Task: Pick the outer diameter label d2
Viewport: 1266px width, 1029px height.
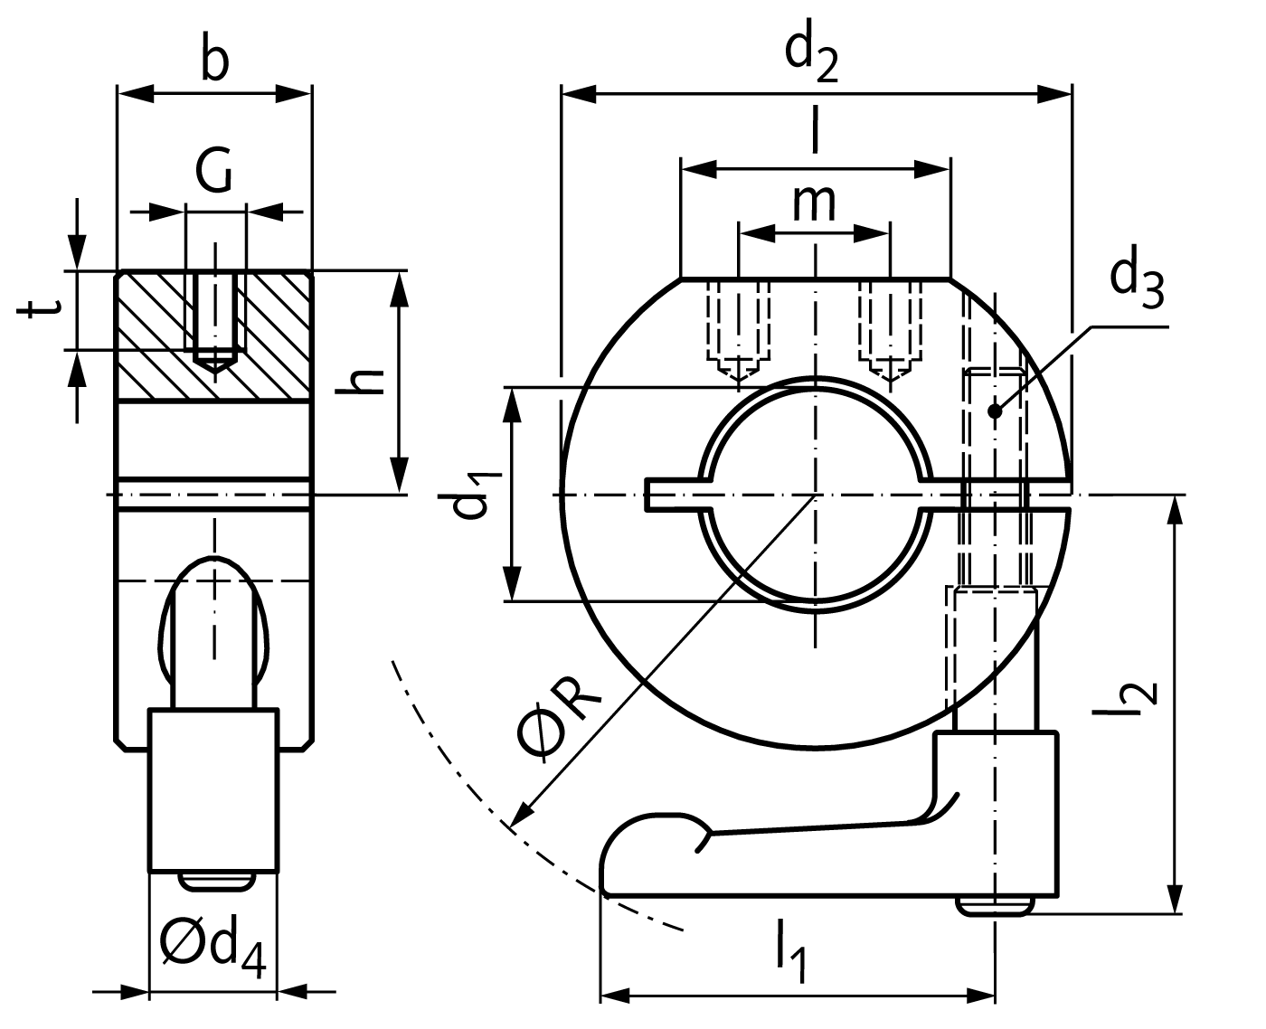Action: [811, 56]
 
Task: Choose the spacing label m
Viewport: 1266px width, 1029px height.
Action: [814, 203]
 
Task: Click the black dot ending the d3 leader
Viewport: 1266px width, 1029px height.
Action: [995, 411]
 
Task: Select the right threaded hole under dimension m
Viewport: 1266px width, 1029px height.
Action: [892, 330]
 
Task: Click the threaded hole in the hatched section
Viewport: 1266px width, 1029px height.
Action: [214, 321]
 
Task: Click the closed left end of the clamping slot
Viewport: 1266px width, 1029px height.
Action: [653, 496]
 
